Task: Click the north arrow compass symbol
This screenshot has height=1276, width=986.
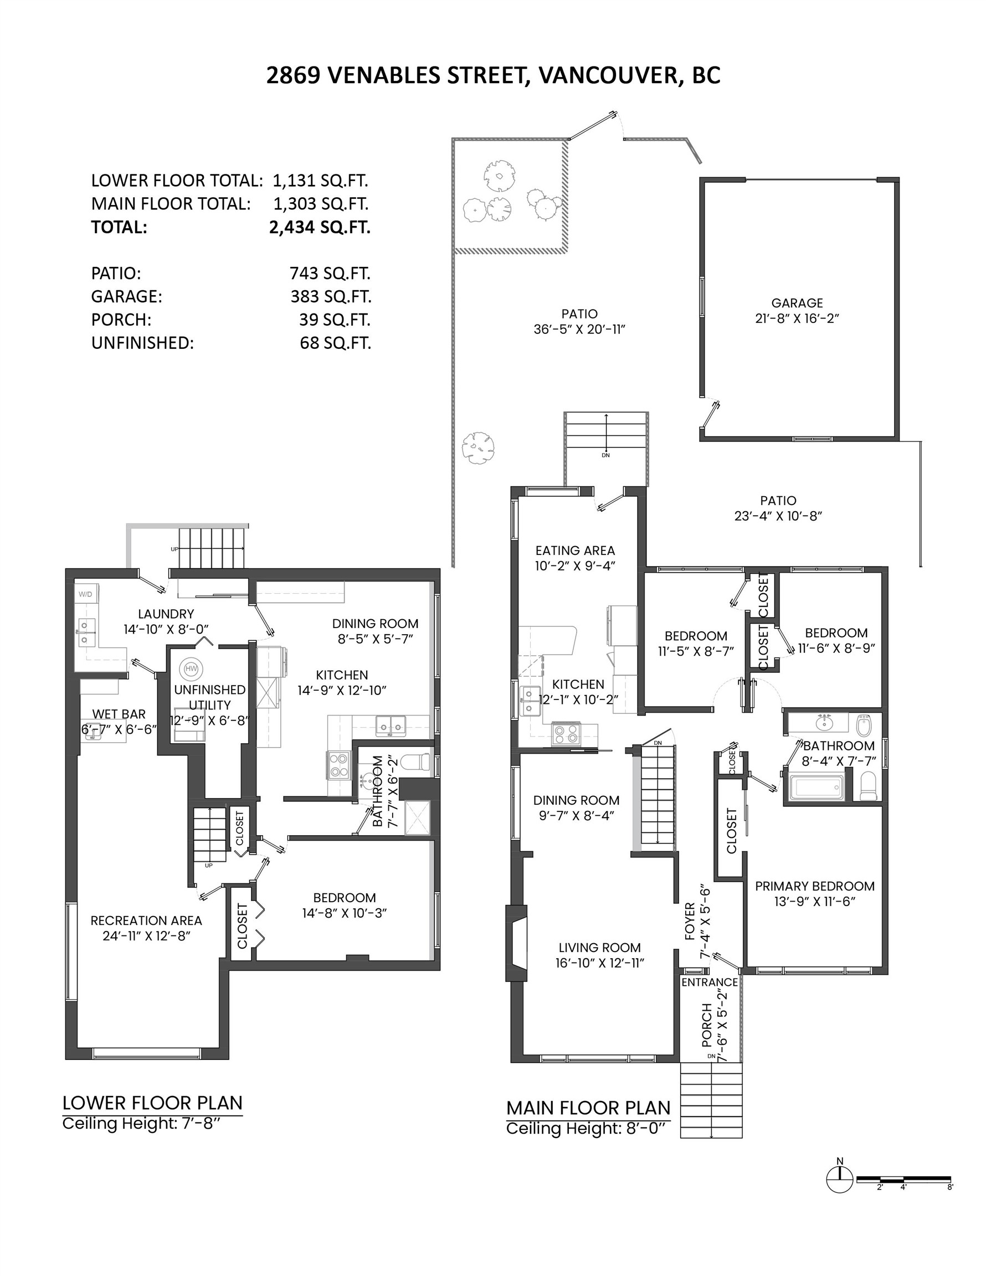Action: (x=840, y=1180)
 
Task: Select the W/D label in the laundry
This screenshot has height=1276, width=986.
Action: (x=85, y=594)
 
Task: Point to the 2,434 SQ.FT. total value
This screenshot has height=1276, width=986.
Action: (x=319, y=227)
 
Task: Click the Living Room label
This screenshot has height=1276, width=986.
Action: (x=599, y=948)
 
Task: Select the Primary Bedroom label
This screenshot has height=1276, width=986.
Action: (x=814, y=886)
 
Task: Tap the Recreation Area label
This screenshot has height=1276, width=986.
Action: (x=146, y=920)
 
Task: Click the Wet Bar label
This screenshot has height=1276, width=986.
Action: (x=119, y=714)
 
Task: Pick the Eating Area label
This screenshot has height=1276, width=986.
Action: (x=575, y=550)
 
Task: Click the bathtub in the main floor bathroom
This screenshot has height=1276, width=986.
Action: (x=816, y=788)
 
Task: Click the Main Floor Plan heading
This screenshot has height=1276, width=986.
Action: (x=588, y=1108)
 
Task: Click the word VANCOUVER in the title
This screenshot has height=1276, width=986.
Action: (x=606, y=75)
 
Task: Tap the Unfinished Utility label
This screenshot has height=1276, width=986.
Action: (x=209, y=697)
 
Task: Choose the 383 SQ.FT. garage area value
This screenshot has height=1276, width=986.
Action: (x=330, y=297)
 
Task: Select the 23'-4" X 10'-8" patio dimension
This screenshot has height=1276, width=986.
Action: (x=778, y=516)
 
